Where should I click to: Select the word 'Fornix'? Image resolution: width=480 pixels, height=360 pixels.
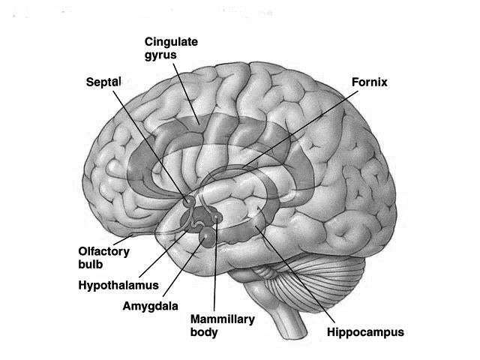click(369, 81)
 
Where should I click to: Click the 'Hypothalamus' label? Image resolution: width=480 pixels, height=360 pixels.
click(119, 285)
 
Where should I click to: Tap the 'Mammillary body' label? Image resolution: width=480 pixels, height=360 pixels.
click(223, 325)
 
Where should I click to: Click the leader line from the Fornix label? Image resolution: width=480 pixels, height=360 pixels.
click(300, 127)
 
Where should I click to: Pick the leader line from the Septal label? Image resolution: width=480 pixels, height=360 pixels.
click(150, 142)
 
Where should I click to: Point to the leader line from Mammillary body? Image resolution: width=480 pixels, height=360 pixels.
click(216, 270)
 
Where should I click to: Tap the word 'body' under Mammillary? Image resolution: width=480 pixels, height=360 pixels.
click(205, 331)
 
